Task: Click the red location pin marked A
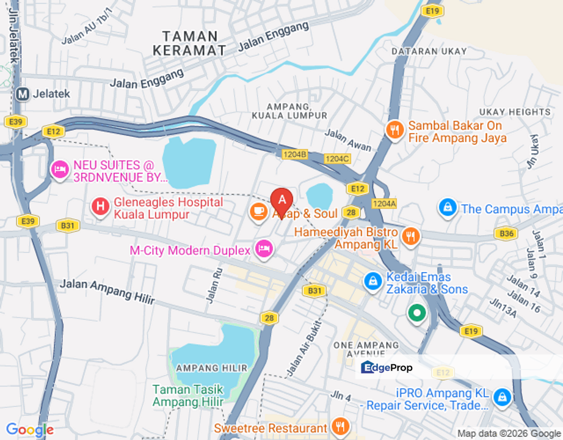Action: [x=281, y=200]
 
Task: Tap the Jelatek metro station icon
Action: [x=23, y=94]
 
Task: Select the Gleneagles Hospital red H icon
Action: [x=100, y=207]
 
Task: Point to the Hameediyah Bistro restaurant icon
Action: [x=411, y=237]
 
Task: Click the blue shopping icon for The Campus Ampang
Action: [x=448, y=208]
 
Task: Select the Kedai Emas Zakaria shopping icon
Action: [x=372, y=282]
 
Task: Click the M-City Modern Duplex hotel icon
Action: [x=264, y=249]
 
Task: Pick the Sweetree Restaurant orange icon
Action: [x=340, y=427]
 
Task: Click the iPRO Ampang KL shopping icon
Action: [x=502, y=397]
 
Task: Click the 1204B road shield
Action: [x=294, y=155]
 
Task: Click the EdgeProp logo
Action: [x=387, y=367]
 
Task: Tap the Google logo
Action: [x=29, y=430]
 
